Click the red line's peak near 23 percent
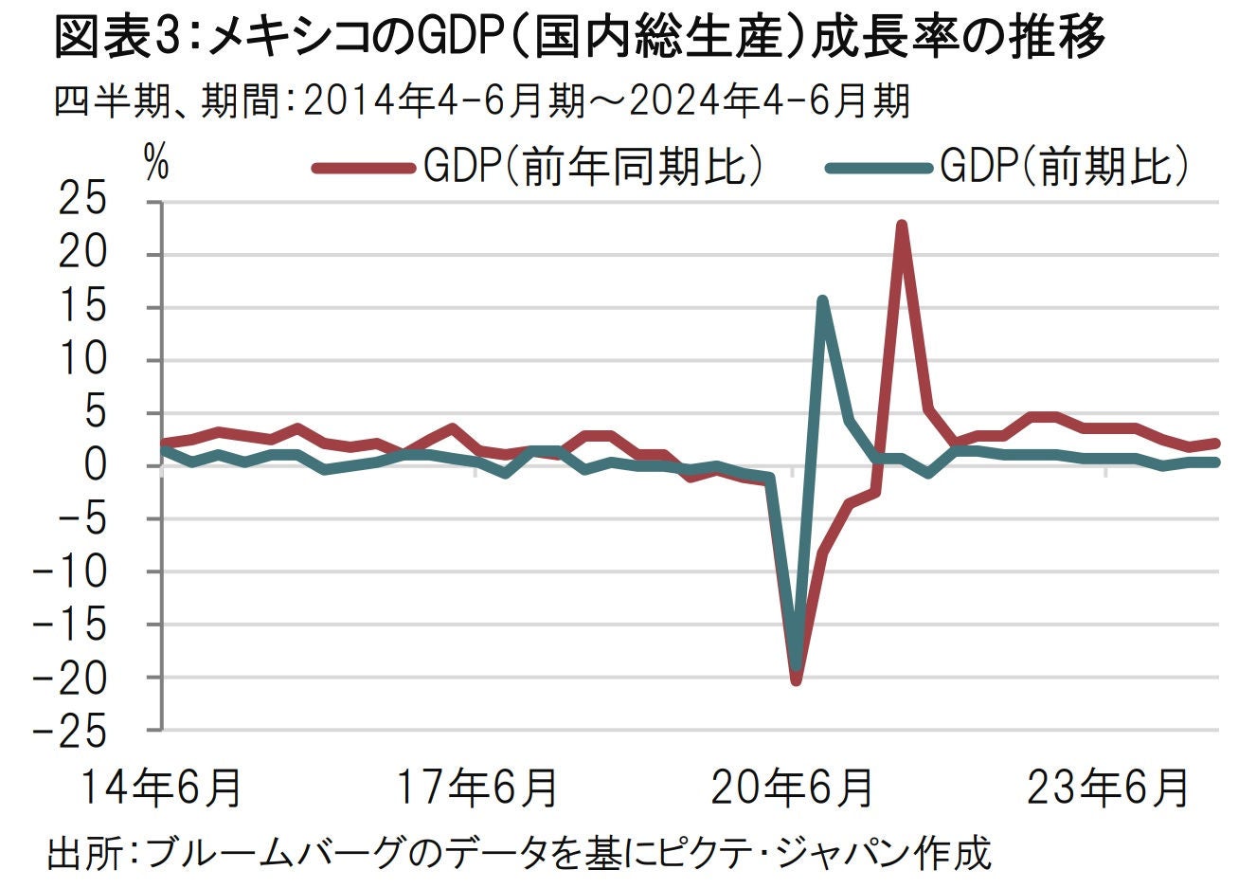click(902, 226)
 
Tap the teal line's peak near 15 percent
click(822, 301)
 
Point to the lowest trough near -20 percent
click(796, 680)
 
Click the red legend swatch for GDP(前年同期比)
click(362, 169)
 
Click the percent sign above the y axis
click(155, 163)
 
